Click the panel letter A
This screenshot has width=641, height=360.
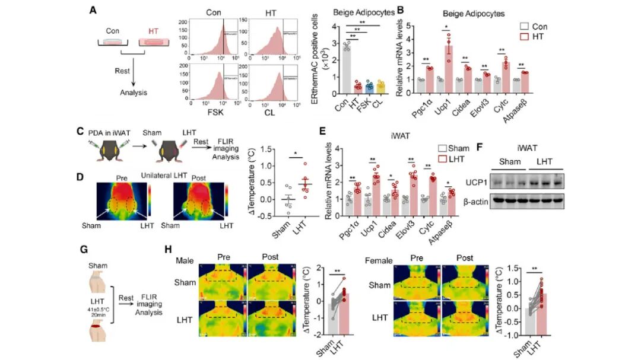[x=93, y=9]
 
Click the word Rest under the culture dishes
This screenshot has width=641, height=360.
[x=123, y=71]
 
